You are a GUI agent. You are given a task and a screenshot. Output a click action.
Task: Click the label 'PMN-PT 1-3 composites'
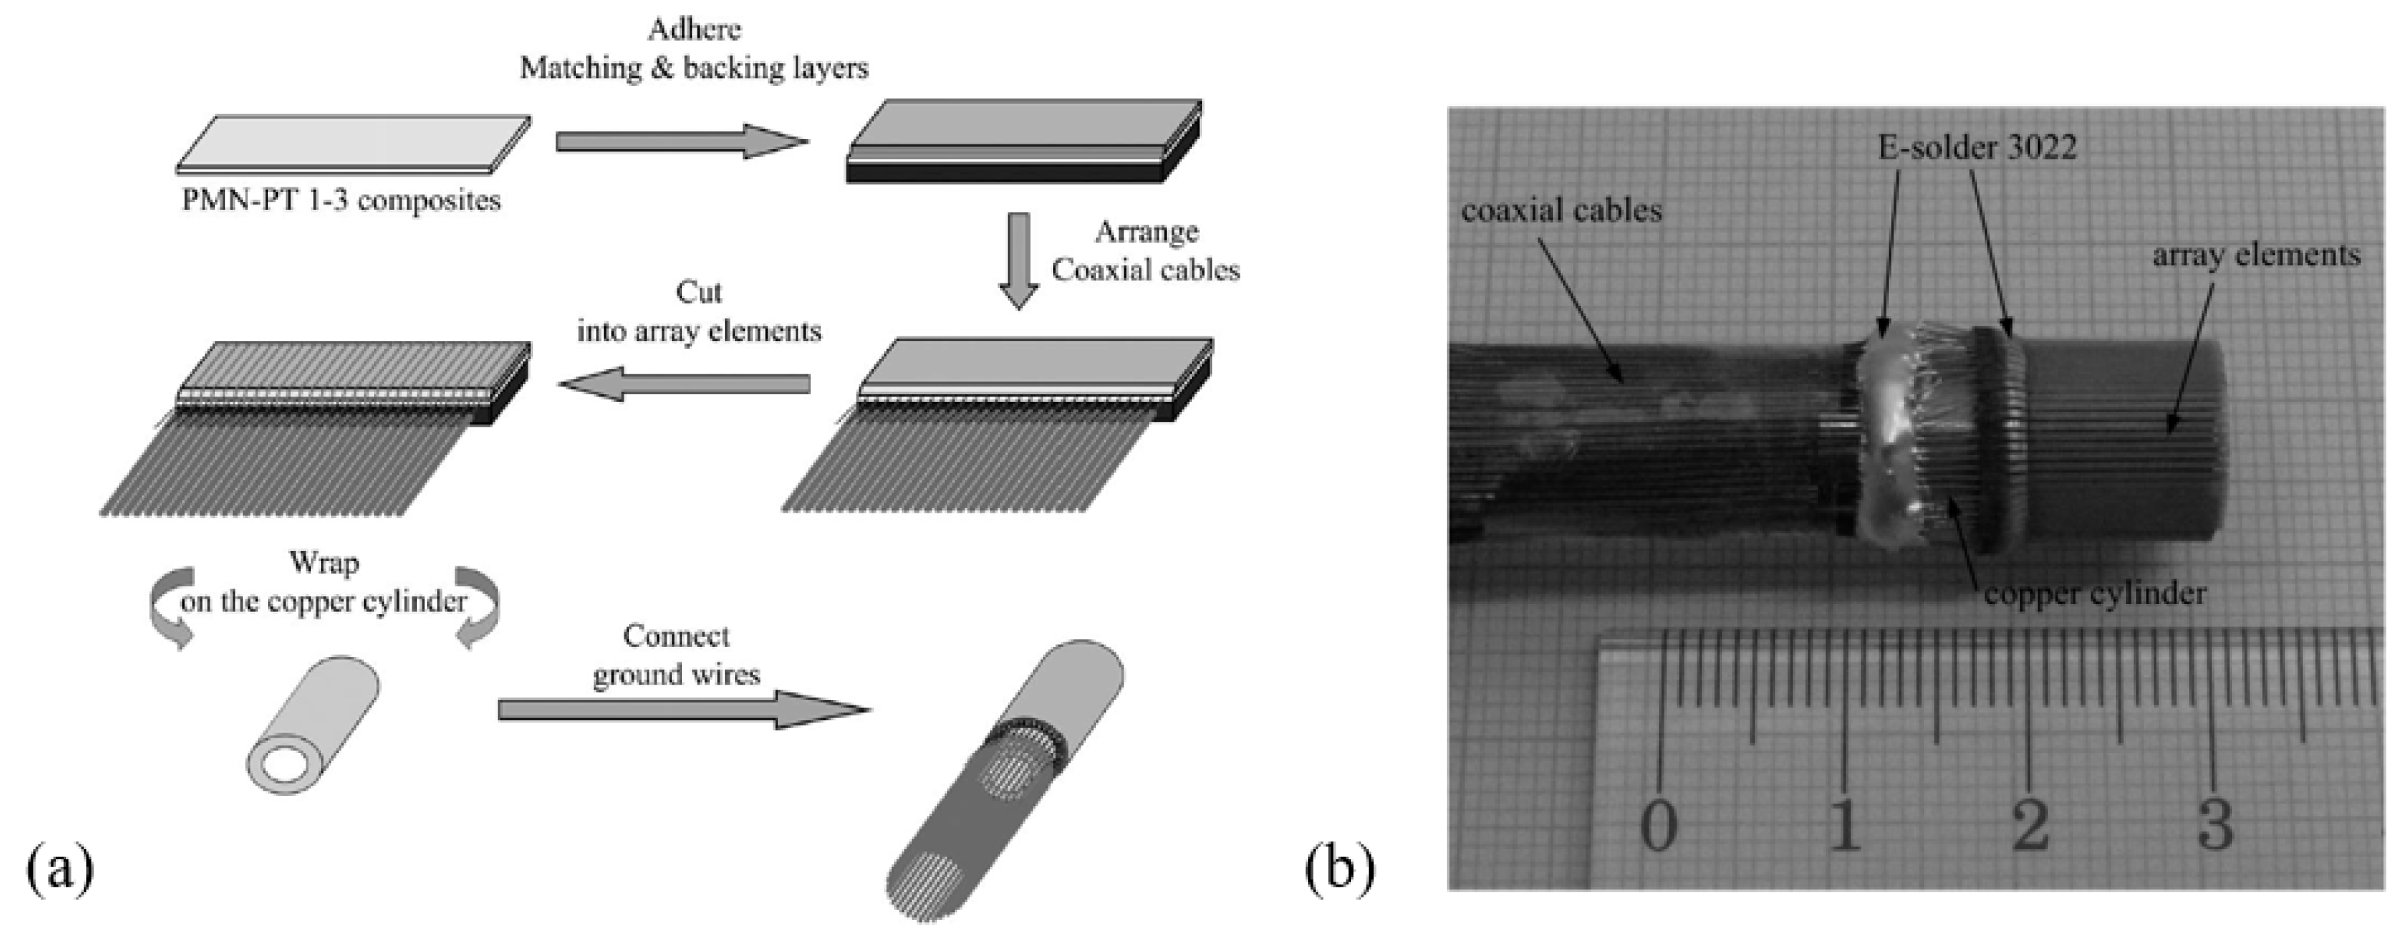click(x=341, y=201)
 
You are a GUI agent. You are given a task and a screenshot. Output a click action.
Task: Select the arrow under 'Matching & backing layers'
click(x=681, y=141)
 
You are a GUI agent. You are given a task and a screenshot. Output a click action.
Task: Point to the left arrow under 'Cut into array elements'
click(x=684, y=383)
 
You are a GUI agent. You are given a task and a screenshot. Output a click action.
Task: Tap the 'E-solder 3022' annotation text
click(x=1977, y=147)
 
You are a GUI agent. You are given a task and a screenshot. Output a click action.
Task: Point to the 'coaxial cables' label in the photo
click(x=1561, y=211)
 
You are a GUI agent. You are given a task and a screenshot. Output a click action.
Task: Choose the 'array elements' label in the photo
click(x=2257, y=255)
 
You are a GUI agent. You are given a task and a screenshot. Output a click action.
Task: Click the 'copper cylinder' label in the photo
click(x=2095, y=593)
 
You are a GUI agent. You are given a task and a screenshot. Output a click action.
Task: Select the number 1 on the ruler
click(x=1845, y=825)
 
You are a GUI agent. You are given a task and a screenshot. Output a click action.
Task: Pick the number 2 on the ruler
click(x=2030, y=825)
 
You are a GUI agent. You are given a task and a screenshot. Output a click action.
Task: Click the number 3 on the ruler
click(x=2215, y=825)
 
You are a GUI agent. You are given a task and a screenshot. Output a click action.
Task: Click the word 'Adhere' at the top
click(x=694, y=29)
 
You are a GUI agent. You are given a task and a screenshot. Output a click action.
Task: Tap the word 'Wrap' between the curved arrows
click(x=324, y=563)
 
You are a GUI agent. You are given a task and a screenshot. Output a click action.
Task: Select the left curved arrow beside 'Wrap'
click(x=171, y=606)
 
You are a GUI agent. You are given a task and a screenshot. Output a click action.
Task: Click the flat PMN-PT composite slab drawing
click(x=354, y=145)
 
